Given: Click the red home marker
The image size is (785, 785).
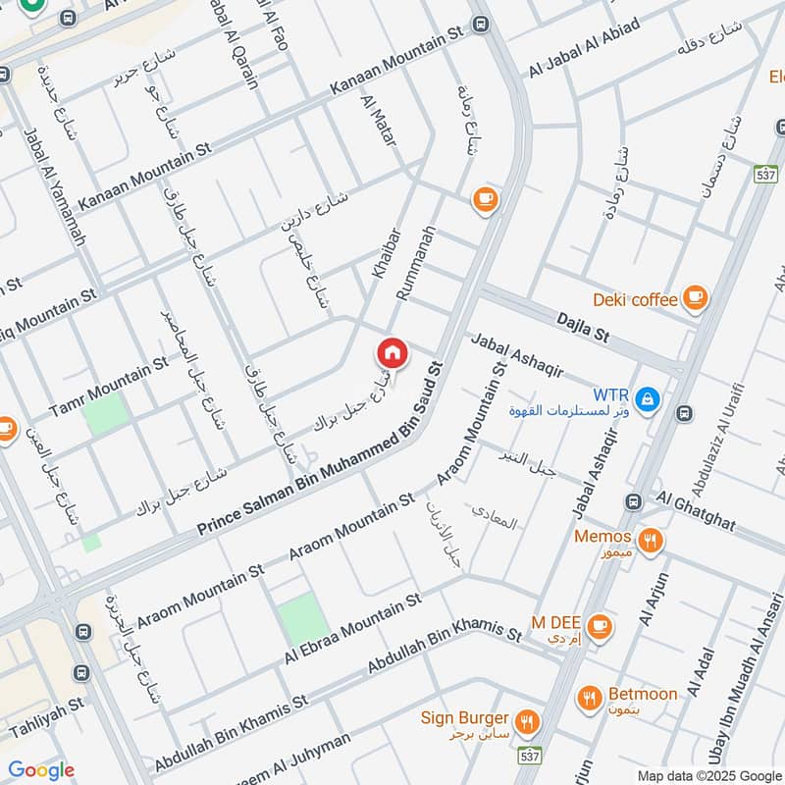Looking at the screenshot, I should [x=392, y=352].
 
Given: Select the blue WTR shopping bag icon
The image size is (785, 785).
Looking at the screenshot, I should [x=647, y=398].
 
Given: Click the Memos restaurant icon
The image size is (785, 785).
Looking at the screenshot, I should [x=648, y=539].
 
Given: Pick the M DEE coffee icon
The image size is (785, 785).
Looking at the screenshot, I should [x=602, y=625].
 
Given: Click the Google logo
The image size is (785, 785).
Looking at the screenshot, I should [x=41, y=770].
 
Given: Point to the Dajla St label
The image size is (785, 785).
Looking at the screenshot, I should [x=583, y=326].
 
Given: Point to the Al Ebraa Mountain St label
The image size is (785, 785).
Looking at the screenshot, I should [x=352, y=628].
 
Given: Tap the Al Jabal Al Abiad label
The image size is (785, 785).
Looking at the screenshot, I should [x=584, y=48].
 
